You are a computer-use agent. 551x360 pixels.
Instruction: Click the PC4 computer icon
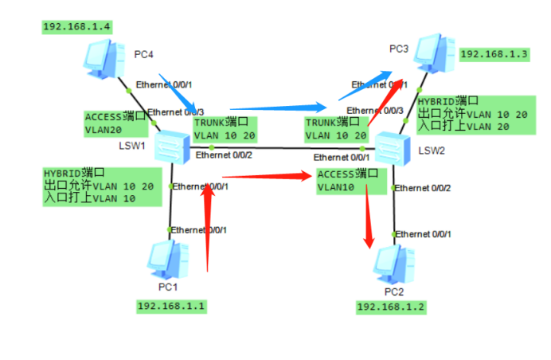point(104,58)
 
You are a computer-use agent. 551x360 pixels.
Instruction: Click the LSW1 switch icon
point(170,146)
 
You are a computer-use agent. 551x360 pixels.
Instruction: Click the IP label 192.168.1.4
point(76,26)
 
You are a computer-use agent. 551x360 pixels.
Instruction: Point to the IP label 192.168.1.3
point(494,54)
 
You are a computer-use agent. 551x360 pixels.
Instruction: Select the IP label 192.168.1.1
point(172,306)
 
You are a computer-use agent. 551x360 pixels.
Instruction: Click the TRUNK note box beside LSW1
point(225,128)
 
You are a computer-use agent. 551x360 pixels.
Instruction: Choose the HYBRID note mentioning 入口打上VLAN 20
point(472,114)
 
